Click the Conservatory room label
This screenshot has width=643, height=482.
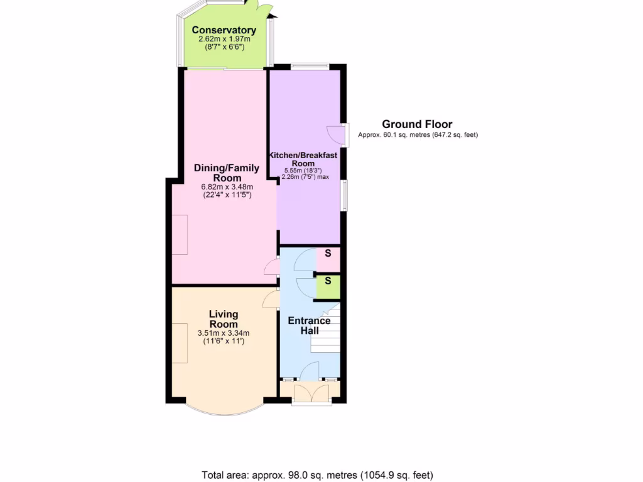224,30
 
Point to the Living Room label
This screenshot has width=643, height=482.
224,319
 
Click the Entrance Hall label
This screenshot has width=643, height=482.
309,326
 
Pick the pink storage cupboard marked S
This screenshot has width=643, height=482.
328,254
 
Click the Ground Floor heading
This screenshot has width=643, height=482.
417,124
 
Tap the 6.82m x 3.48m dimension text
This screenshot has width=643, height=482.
227,186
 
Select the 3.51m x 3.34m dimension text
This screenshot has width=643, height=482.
224,333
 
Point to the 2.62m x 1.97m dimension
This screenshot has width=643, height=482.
224,39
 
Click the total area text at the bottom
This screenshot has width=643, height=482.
317,475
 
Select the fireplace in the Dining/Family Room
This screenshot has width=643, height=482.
180,234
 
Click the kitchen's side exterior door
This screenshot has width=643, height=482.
338,135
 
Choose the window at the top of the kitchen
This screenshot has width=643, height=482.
310,66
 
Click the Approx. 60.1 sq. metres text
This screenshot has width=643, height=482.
418,135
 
